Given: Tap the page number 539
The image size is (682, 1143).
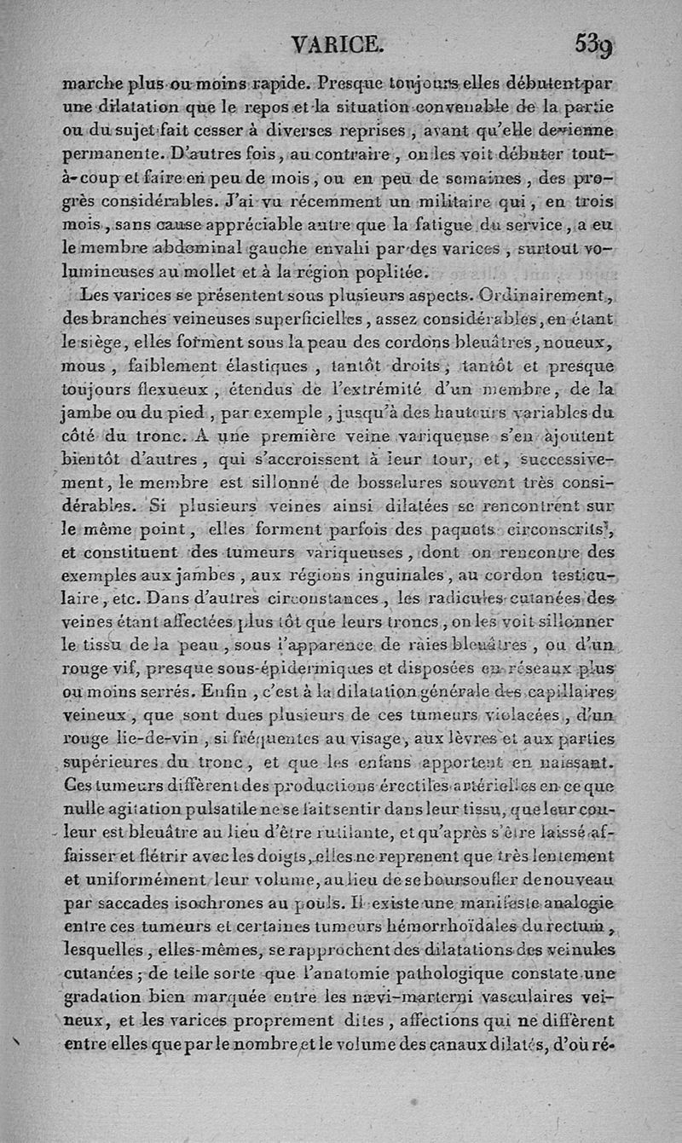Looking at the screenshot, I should [x=594, y=43].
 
